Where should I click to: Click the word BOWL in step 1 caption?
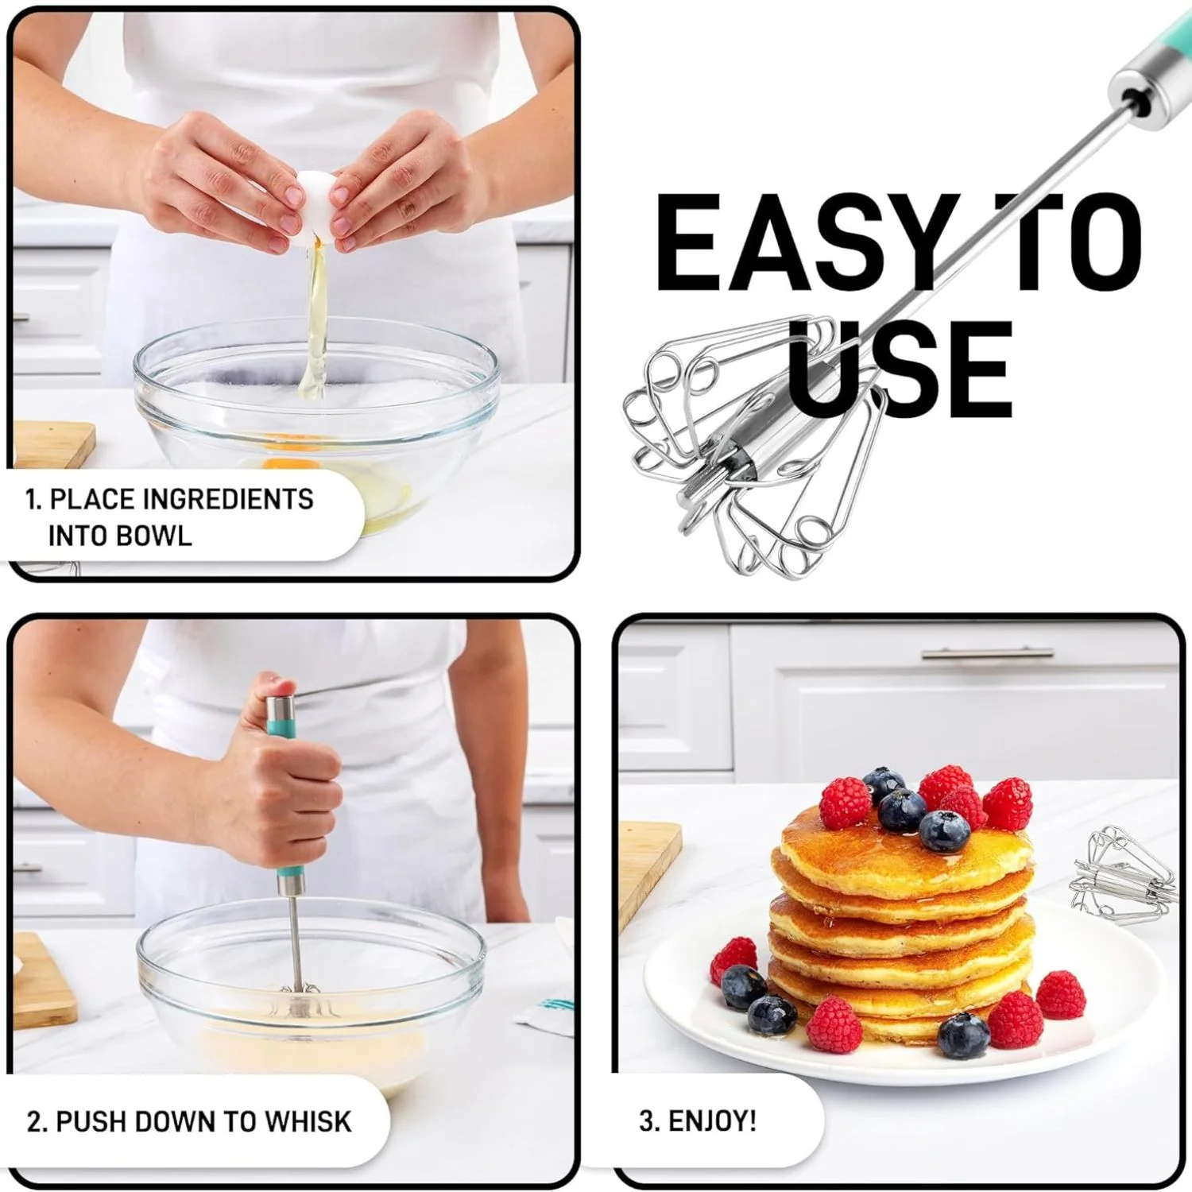tap(160, 536)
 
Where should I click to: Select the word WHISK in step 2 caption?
tap(308, 1121)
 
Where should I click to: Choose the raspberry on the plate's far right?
tap(1060, 994)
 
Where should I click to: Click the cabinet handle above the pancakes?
tap(987, 653)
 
